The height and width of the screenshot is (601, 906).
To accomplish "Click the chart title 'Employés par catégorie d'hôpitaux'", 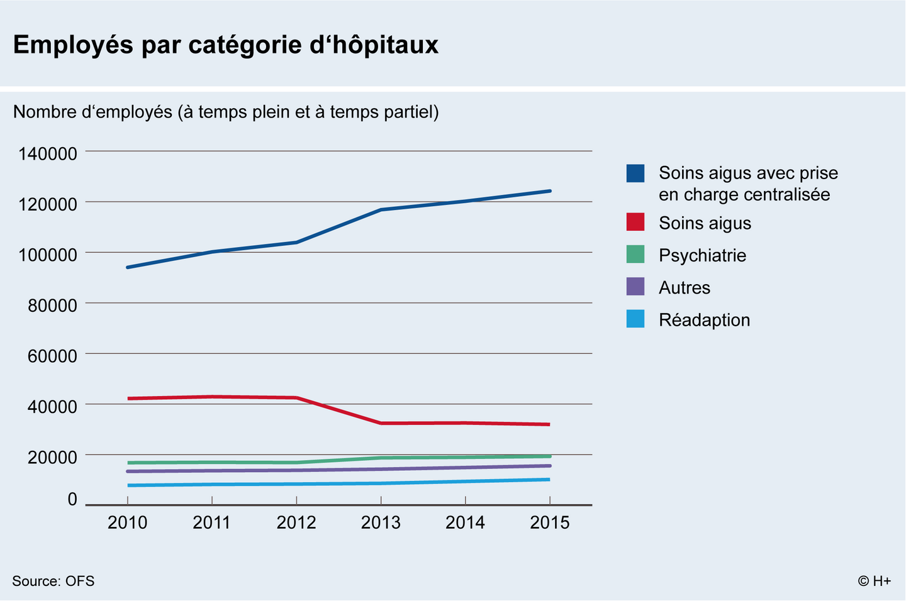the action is pyautogui.click(x=226, y=45).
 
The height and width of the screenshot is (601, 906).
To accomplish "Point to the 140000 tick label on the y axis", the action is pyautogui.click(x=48, y=154).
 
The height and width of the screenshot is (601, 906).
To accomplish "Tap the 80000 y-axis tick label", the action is pyautogui.click(x=52, y=306).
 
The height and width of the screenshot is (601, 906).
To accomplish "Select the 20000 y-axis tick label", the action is pyautogui.click(x=52, y=457).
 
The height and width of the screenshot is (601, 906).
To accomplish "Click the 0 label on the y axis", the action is pyautogui.click(x=72, y=499).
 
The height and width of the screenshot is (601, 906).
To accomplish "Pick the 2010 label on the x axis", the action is pyautogui.click(x=127, y=522).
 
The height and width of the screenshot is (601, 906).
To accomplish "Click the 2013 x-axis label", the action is pyautogui.click(x=381, y=522).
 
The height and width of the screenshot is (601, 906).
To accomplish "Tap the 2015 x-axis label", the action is pyautogui.click(x=550, y=522).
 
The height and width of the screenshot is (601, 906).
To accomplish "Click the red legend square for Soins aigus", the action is pyautogui.click(x=635, y=223).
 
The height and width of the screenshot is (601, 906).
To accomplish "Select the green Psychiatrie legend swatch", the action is pyautogui.click(x=635, y=255).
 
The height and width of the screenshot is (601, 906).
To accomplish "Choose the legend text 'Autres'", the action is pyautogui.click(x=685, y=288).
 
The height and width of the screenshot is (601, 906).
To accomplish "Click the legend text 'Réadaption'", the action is pyautogui.click(x=705, y=320).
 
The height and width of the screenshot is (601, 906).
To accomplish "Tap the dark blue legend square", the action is pyautogui.click(x=635, y=174).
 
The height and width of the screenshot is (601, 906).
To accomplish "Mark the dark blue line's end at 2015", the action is pyautogui.click(x=550, y=191).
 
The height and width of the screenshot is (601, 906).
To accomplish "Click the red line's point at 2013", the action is pyautogui.click(x=381, y=423).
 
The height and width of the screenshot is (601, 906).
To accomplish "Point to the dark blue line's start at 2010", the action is pyautogui.click(x=128, y=267).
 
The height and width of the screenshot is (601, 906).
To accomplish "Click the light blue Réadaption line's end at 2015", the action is pyautogui.click(x=549, y=480).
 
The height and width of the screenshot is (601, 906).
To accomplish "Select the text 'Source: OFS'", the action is pyautogui.click(x=53, y=581).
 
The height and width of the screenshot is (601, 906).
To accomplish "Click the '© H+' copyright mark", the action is pyautogui.click(x=875, y=581).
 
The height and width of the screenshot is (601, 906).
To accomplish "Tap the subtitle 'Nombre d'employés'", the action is pyautogui.click(x=92, y=112).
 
